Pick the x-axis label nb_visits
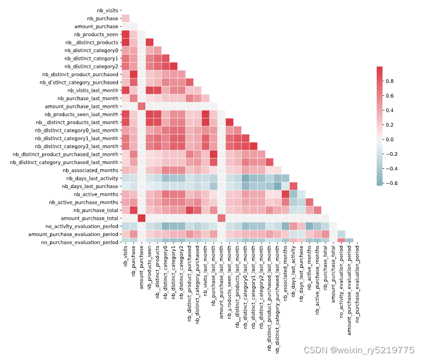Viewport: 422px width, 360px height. tap(126, 256)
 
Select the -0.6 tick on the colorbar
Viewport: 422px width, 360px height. tap(391, 183)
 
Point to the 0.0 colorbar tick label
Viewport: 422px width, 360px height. tap(392, 140)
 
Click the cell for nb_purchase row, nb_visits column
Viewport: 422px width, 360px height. tap(126, 18)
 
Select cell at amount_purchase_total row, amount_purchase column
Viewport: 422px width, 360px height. tap(142, 218)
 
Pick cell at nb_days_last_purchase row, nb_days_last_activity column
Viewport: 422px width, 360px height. tap(294, 186)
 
